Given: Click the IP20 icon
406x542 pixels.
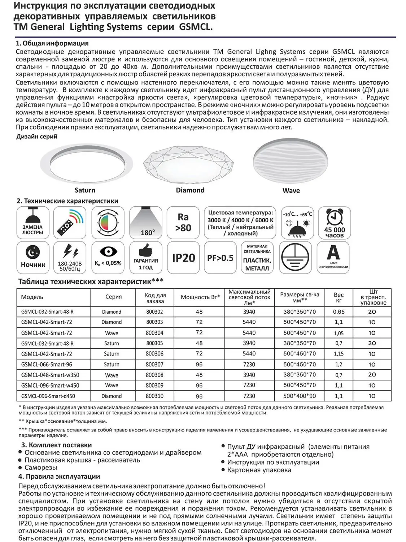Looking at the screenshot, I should coord(183,258).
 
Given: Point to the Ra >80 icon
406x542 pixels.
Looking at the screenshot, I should coord(183,223).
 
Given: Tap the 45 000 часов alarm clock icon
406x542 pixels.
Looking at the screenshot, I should coord(334,223).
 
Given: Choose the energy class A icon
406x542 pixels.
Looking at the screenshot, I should coord(333,257).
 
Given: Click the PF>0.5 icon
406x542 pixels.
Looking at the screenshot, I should coord(220,258).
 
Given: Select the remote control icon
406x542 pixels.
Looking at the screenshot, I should coord(70,223).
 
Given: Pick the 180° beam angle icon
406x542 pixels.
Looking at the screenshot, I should coord(145,223).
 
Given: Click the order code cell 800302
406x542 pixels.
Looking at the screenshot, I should coord(154,312).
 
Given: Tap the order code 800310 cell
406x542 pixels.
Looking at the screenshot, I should coord(154,396).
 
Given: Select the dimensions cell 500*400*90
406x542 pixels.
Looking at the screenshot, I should coord(300,396).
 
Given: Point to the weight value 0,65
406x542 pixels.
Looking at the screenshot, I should coord(339,312).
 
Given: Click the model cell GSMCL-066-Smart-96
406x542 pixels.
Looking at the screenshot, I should coord(47,365).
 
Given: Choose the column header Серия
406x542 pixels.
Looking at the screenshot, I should coord(113,297).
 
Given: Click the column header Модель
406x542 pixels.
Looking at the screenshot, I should coord(32,297).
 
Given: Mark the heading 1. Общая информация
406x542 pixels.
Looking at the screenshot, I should coord(52,43).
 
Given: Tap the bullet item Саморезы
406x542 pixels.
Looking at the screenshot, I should coord(41,468).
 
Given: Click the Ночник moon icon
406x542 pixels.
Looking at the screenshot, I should coord(33,258).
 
